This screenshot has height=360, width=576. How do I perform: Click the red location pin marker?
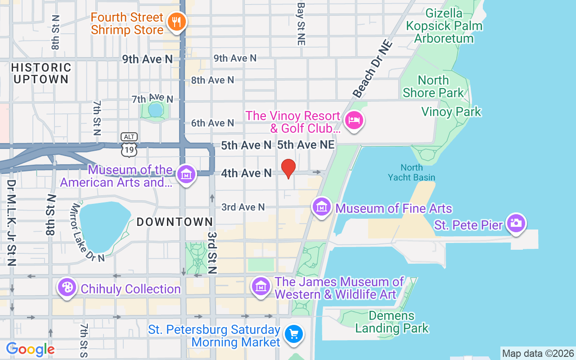(x=288, y=168)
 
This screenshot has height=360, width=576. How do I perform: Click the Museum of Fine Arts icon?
(x=322, y=207)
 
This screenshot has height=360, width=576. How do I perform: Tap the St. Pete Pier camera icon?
(x=516, y=223)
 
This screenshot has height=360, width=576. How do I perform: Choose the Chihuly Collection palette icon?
(x=67, y=287)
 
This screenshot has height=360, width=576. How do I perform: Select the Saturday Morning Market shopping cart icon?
(x=294, y=334)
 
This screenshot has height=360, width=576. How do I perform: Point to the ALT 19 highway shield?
(x=129, y=144)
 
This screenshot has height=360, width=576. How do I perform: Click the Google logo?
(x=30, y=349)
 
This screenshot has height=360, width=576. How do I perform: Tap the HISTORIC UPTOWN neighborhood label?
(x=41, y=73)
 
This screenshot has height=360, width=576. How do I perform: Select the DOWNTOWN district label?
(x=175, y=222)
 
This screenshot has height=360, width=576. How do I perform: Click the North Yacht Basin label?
(x=411, y=172)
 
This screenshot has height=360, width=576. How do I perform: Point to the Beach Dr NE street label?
(x=373, y=69)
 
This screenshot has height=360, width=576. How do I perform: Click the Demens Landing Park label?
(x=392, y=322)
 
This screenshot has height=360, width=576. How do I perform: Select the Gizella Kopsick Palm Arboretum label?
(x=444, y=26)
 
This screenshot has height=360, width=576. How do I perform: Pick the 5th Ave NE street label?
(x=306, y=145)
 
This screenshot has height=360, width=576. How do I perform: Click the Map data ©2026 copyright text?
(x=538, y=353)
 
